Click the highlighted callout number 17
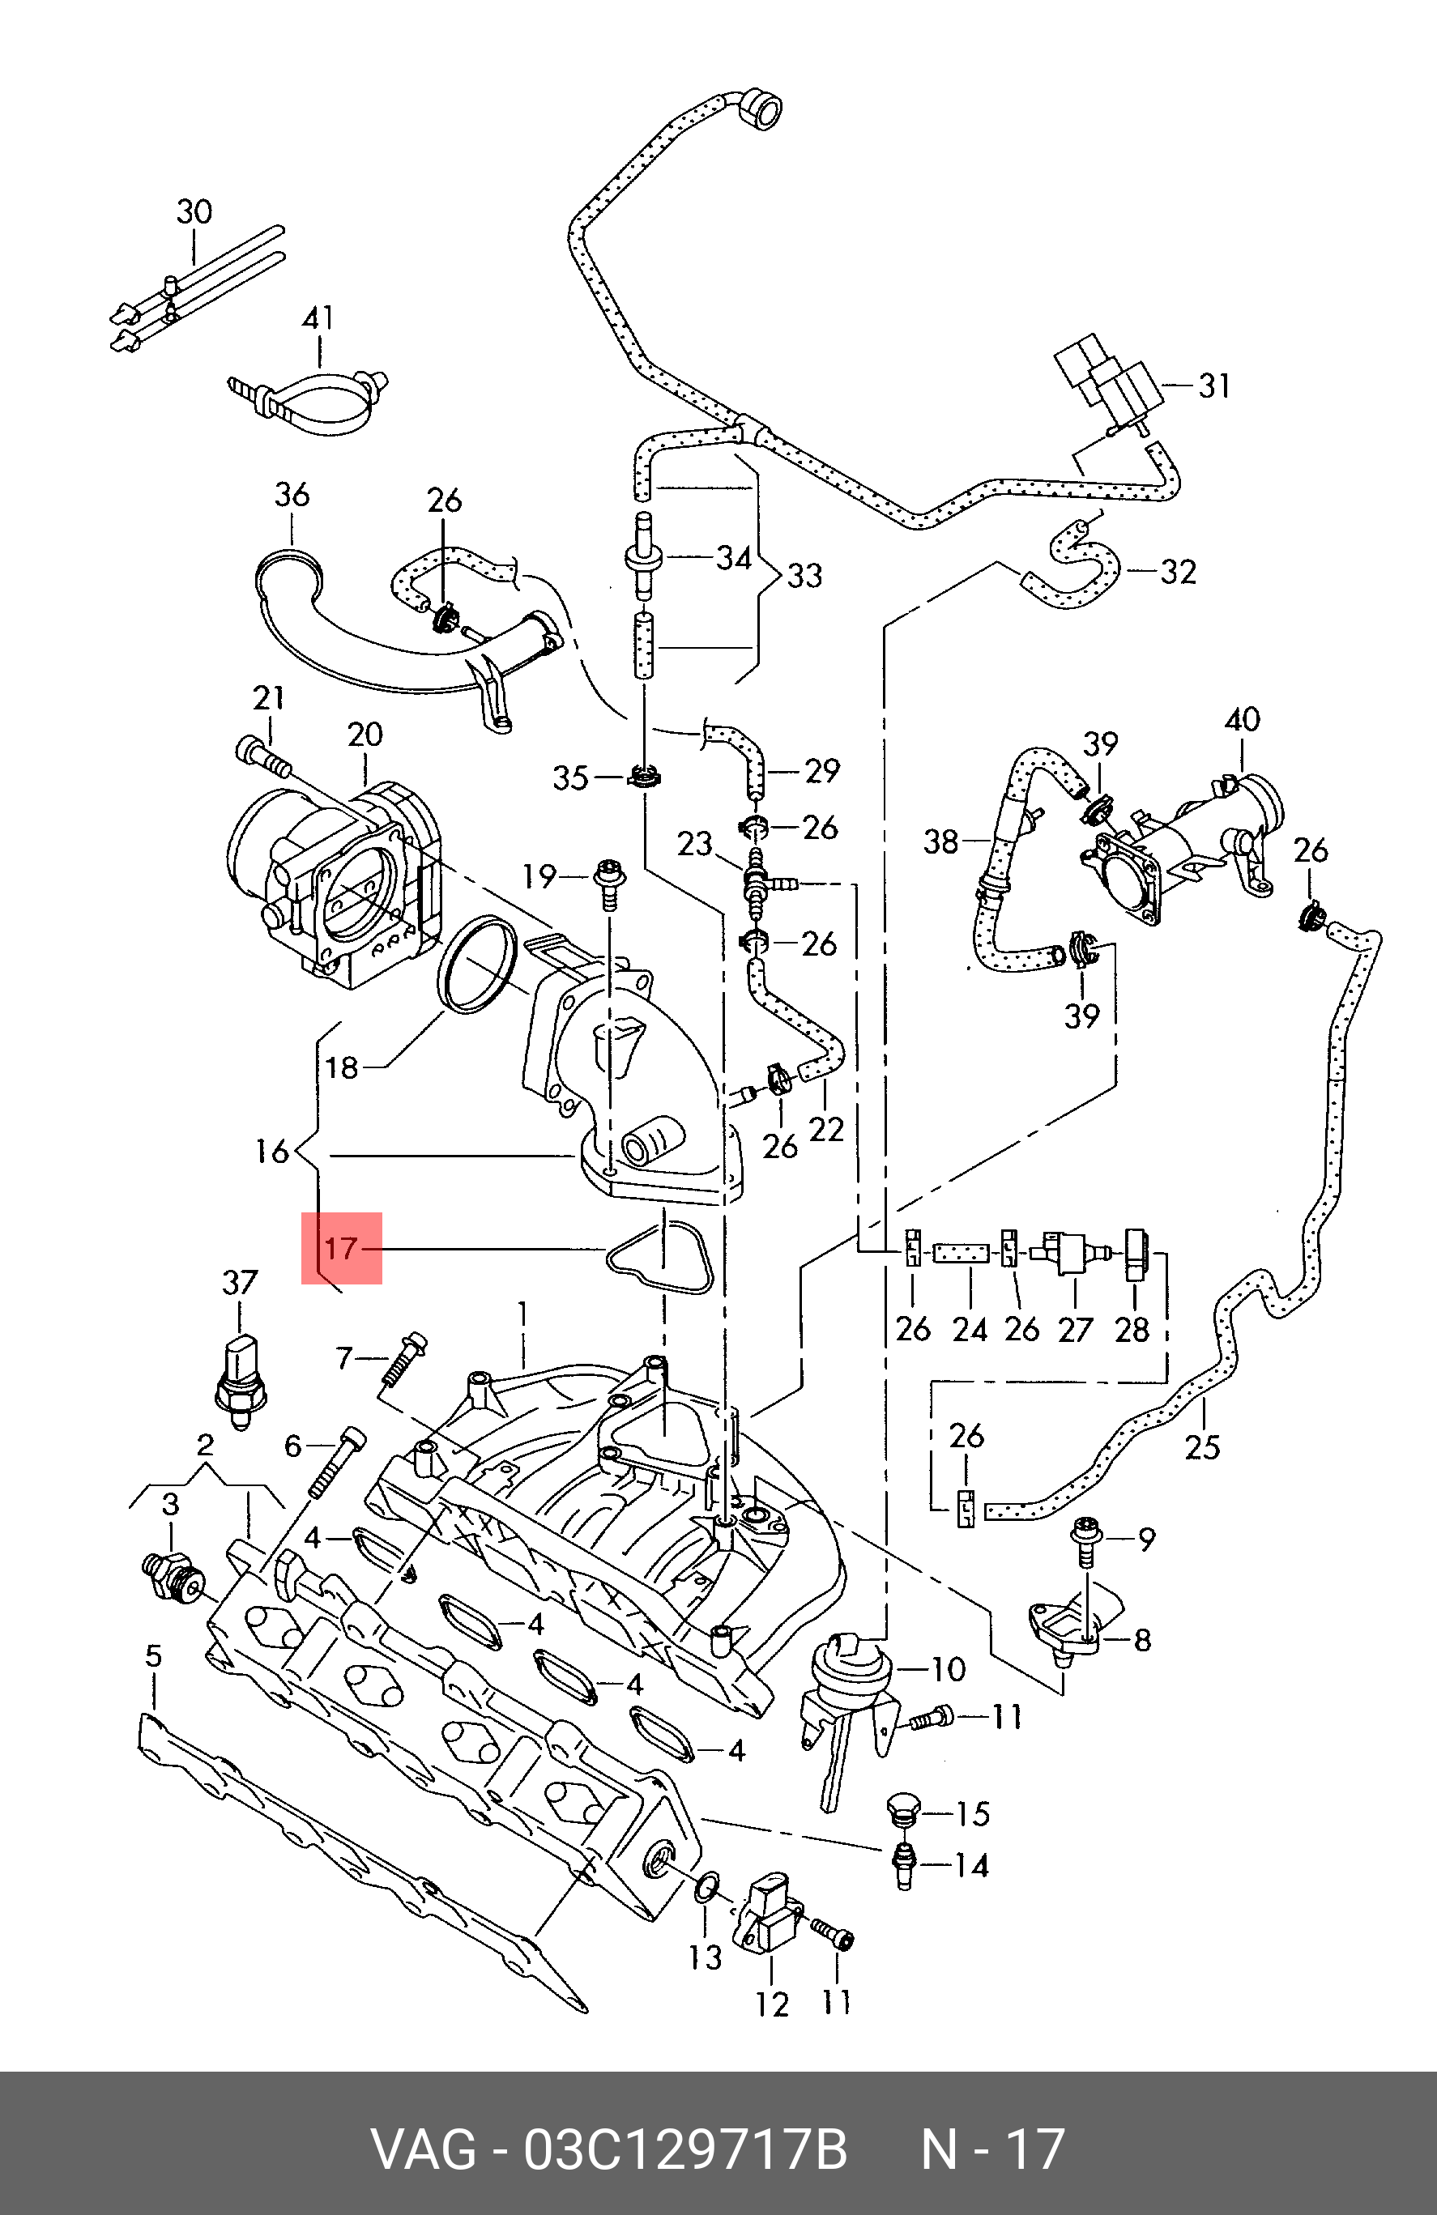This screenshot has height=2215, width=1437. (x=342, y=1248)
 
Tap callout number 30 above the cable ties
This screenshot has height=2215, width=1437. (x=194, y=212)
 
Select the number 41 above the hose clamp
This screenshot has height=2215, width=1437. (x=318, y=318)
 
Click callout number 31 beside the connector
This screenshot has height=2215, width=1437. (x=1213, y=385)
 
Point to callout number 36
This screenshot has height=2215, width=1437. (x=292, y=494)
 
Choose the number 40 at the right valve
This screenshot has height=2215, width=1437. (x=1243, y=719)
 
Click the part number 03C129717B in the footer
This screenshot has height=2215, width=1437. (x=686, y=2149)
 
